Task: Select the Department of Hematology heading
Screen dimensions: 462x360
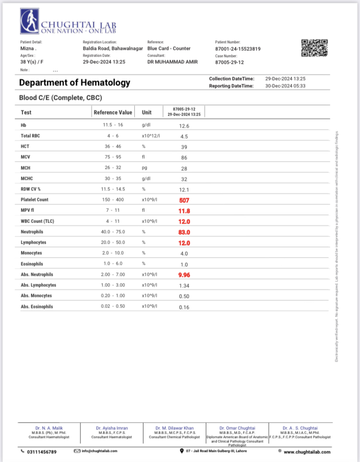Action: [74, 83]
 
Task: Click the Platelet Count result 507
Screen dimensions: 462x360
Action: [185, 200]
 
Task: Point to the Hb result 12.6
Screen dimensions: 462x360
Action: [185, 126]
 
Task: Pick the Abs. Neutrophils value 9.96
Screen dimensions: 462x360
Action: [185, 275]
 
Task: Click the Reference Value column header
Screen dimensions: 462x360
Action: [113, 113]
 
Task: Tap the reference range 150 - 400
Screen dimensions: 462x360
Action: [113, 200]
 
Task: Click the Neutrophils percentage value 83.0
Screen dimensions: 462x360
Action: [185, 232]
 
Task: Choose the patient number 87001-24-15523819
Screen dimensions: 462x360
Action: [238, 49]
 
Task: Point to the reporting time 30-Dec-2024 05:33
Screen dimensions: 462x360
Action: [286, 86]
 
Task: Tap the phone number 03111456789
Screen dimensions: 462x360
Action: [42, 452]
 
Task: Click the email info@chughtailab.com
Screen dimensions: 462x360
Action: [99, 451]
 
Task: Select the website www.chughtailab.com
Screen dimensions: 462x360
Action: [307, 452]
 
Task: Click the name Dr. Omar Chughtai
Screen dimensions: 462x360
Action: [237, 428]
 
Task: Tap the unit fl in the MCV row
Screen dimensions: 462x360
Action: [143, 157]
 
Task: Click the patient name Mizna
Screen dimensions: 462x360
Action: [27, 49]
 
